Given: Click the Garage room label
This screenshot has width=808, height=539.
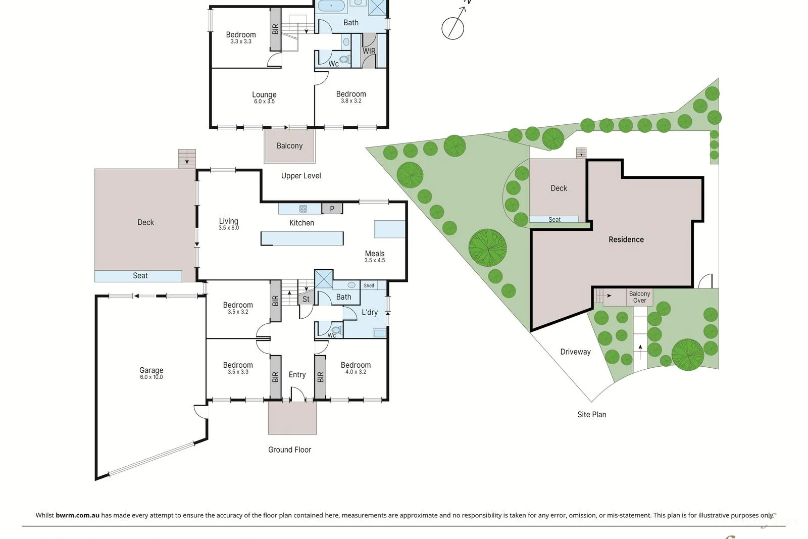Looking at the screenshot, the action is point(151,370).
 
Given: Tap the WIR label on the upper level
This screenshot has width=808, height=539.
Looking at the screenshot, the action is point(369,51).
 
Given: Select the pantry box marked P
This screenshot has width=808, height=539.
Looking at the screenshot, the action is point(332,209).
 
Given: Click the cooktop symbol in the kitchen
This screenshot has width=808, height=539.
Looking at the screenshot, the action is point(303,209).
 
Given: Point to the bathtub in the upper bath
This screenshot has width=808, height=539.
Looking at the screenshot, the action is point(331,6).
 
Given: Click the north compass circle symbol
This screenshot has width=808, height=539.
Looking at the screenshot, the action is point(452,28).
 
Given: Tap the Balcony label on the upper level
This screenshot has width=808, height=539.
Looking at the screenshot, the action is point(290,146).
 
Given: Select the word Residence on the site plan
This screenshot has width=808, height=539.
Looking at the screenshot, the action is point(626,239).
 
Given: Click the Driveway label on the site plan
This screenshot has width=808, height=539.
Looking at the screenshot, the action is point(575,352).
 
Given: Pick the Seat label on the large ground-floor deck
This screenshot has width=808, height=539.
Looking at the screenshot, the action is point(140,276).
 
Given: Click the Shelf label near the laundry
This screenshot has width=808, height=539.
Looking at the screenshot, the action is point(369,286).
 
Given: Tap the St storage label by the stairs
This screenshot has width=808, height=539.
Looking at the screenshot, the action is point(306,299).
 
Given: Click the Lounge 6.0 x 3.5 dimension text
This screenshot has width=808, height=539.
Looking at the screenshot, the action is point(265,102).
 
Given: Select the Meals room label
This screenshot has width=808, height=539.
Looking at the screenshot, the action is point(375,254).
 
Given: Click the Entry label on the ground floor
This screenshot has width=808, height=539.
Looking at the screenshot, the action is point(297,375).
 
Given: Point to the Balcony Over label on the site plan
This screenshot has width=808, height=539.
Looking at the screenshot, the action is point(639,297).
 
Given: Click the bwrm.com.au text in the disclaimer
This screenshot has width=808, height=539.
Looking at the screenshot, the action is point(77,515).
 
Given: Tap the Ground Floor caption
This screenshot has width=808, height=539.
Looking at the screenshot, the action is point(290,450).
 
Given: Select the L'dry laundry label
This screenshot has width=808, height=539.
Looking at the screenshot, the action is point(370,312).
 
